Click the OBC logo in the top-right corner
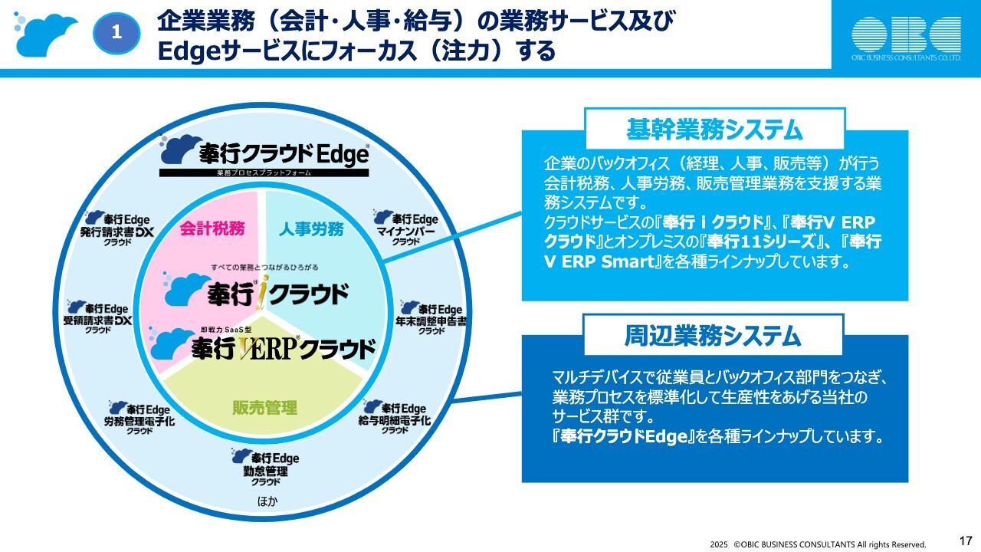pyautogui.click(x=907, y=37)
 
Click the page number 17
pyautogui.click(x=966, y=540)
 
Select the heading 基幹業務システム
pyautogui.click(x=714, y=129)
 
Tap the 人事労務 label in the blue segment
pyautogui.click(x=310, y=228)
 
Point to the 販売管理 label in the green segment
pyautogui.click(x=264, y=407)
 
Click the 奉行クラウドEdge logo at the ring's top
pyautogui.click(x=264, y=156)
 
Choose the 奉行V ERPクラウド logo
pyautogui.click(x=264, y=347)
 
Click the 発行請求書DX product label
pyautogui.click(x=116, y=228)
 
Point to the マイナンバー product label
pyautogui.click(x=406, y=228)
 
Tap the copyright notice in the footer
pyautogui.click(x=818, y=544)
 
